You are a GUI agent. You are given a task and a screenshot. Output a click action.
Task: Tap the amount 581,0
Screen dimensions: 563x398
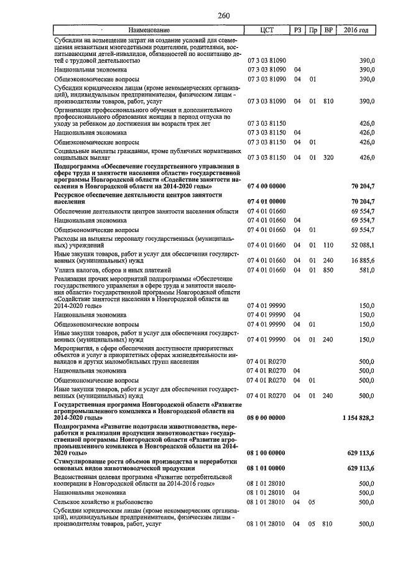[x=366, y=270]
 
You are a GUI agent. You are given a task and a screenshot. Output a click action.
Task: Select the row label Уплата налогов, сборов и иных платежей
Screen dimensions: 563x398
[x=112, y=270]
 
